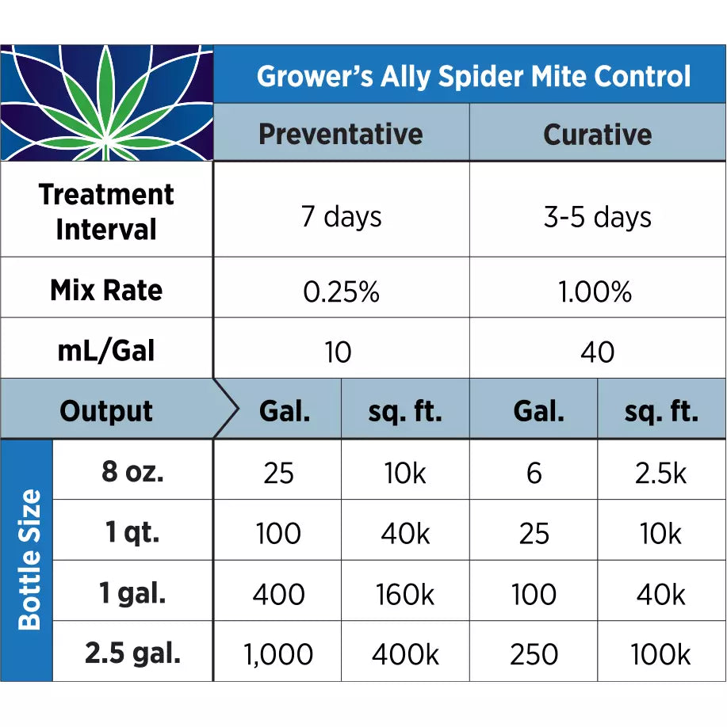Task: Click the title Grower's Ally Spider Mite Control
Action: coord(473,77)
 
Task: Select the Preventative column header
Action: coord(340,134)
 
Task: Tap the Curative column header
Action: coord(597,134)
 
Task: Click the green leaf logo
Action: coord(107,103)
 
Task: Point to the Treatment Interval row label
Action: coord(106,211)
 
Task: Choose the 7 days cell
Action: coord(341,217)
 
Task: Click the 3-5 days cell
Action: coord(597,217)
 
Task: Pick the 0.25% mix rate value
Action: coord(341,292)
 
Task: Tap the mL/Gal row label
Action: coord(106,351)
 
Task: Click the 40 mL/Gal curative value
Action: coord(597,352)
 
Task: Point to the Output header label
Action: coord(106,411)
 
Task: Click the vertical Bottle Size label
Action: coord(29,559)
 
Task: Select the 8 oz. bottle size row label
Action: coord(132,472)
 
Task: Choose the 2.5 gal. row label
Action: coord(132,654)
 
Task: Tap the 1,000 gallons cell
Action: coord(277,655)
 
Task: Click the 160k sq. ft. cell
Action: coord(405,594)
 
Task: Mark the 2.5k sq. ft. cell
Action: coord(660,473)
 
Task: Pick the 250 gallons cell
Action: coord(534,655)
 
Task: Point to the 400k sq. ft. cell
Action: coord(405,655)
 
